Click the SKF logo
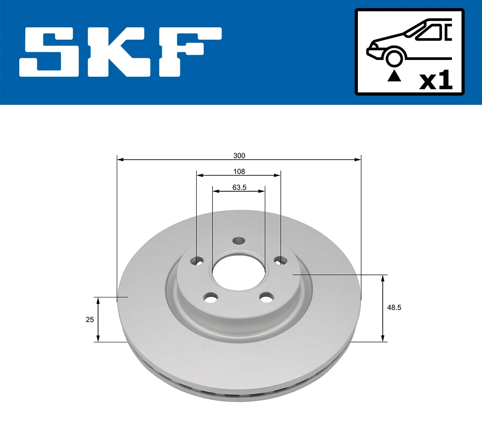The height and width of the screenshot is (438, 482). click(120, 52)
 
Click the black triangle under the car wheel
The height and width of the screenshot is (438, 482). click(394, 76)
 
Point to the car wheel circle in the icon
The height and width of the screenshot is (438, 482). click(394, 57)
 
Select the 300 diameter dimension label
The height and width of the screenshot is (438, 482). click(239, 156)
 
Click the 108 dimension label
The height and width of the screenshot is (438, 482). click(239, 172)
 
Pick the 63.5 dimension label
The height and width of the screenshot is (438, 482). click(239, 187)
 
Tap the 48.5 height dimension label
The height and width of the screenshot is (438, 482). click(394, 307)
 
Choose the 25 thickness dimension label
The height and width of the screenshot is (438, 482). click(90, 319)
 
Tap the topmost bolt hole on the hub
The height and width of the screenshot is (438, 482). click(239, 241)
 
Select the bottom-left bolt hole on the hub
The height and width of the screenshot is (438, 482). click(210, 298)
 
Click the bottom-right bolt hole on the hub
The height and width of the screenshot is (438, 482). click(266, 298)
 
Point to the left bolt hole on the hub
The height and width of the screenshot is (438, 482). click(197, 261)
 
